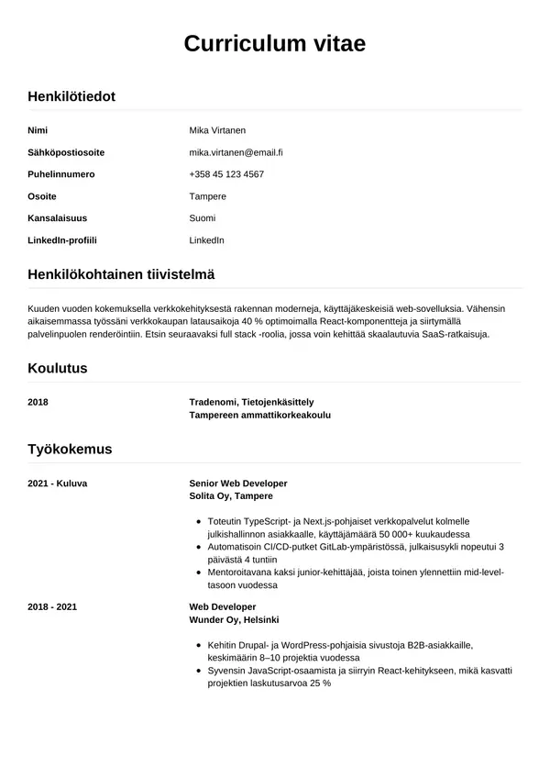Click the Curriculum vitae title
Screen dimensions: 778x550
point(275,44)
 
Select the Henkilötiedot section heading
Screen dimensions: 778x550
point(71,96)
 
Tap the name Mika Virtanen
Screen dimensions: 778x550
point(217,130)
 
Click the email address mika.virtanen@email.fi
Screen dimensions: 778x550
point(236,152)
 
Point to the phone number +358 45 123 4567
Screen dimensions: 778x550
point(226,174)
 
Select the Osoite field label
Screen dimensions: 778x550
point(42,196)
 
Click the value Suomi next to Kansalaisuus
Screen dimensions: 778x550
point(203,218)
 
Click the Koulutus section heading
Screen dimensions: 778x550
point(58,369)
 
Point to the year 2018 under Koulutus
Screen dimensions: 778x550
point(38,402)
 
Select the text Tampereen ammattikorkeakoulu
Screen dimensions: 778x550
point(259,415)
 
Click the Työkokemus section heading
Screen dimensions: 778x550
point(70,450)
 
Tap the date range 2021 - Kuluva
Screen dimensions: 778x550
point(58,483)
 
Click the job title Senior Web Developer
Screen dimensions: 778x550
point(238,483)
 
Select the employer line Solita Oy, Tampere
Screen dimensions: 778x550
point(231,495)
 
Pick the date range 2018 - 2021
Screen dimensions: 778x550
point(52,607)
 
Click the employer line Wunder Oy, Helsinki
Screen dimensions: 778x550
point(233,620)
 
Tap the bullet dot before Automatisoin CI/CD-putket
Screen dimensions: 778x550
point(199,547)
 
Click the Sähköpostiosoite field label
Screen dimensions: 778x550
point(66,152)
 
